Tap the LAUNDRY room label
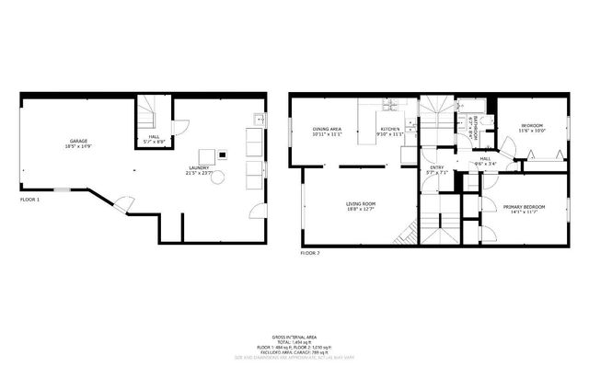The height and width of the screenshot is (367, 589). pyautogui.click(x=199, y=170)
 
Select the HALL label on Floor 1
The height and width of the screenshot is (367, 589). pyautogui.click(x=154, y=139)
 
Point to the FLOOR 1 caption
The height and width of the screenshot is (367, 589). pyautogui.click(x=30, y=199)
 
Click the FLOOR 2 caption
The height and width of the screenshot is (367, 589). pyautogui.click(x=311, y=252)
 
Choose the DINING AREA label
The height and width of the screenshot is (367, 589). pyautogui.click(x=327, y=132)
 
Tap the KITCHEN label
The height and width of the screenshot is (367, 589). pyautogui.click(x=390, y=132)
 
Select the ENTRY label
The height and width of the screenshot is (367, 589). pyautogui.click(x=437, y=169)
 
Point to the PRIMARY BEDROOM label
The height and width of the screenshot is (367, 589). pyautogui.click(x=524, y=209)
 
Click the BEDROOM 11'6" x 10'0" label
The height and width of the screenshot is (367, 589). pyautogui.click(x=532, y=128)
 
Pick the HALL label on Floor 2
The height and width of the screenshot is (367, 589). pyautogui.click(x=485, y=161)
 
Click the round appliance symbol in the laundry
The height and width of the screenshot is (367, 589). pyautogui.click(x=218, y=178)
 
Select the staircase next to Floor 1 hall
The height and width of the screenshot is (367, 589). pyautogui.click(x=148, y=115)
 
